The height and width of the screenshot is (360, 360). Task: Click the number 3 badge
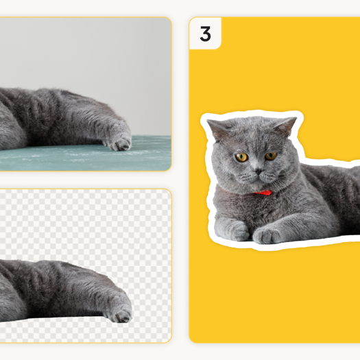(x=205, y=34)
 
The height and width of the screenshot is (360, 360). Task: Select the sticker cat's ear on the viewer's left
(x=218, y=128)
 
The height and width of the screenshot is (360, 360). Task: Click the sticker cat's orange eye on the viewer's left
(x=241, y=157)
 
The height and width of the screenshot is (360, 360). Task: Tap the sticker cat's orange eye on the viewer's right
(x=271, y=156)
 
